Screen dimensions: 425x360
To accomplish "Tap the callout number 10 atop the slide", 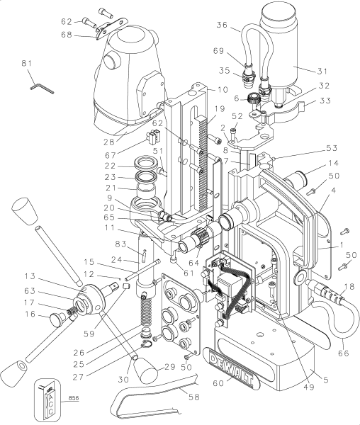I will click(x=203, y=90).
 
